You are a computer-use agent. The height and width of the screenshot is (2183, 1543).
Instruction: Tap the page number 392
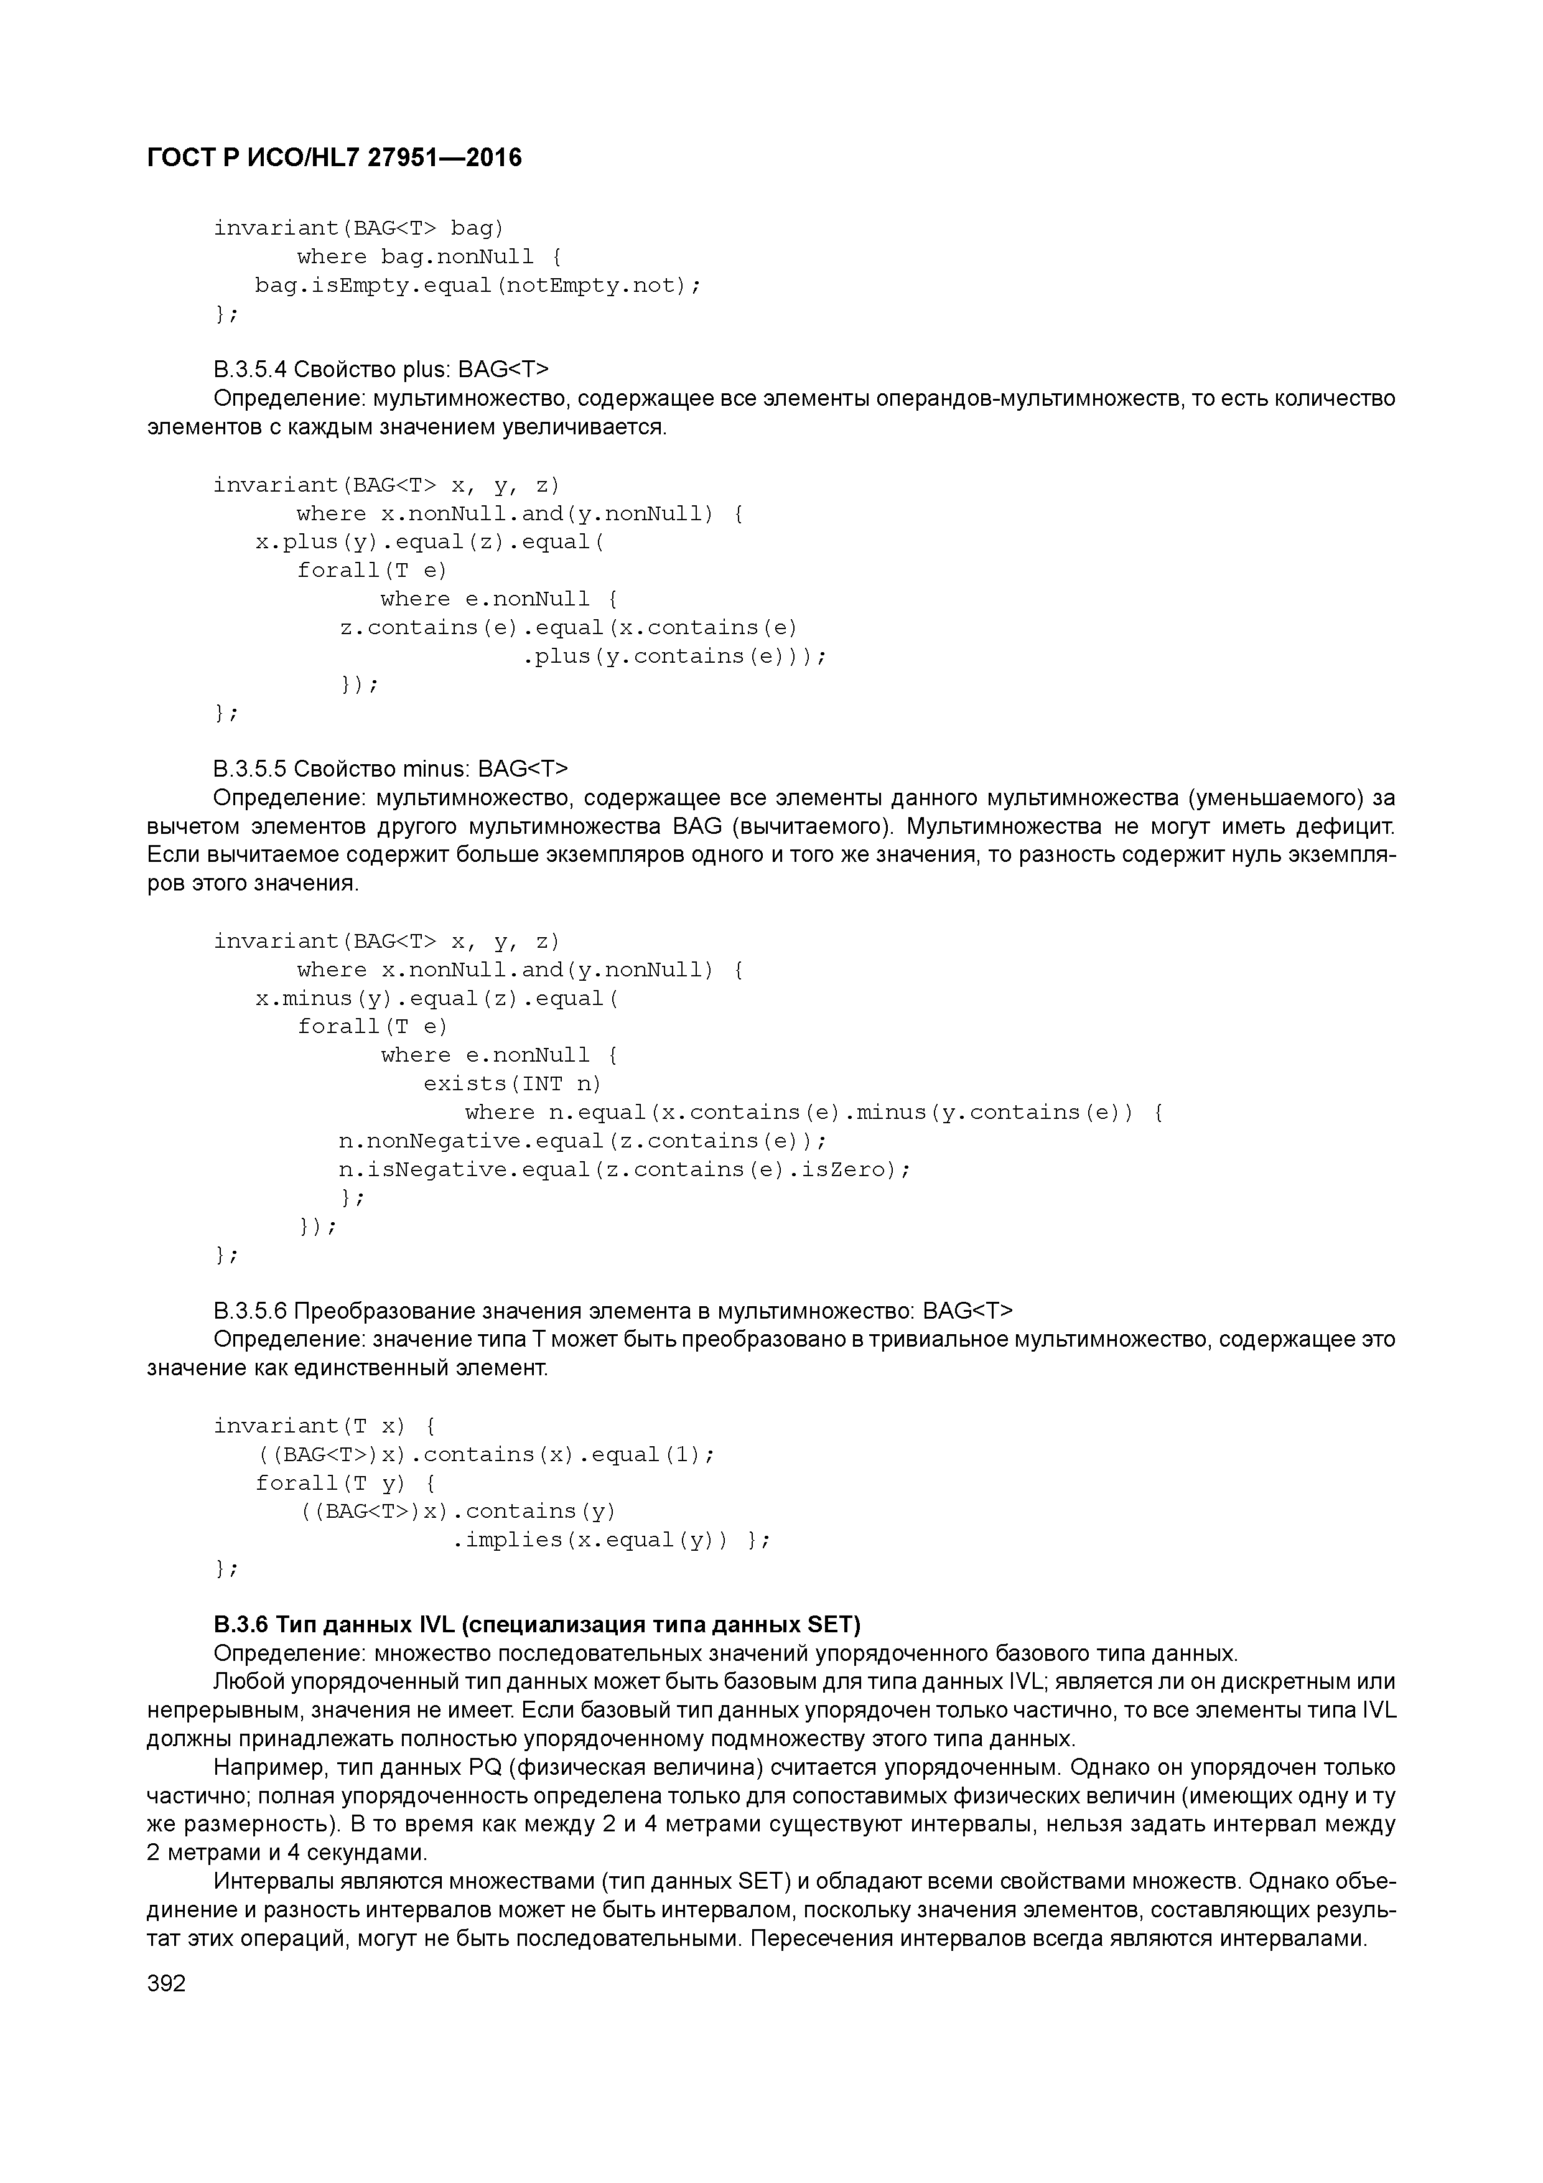[x=167, y=1984]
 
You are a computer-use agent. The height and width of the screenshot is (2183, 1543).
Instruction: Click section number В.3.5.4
[x=250, y=369]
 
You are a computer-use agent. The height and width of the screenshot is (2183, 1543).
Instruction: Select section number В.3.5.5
[x=250, y=769]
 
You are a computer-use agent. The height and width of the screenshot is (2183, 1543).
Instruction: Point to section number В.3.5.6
[x=250, y=1311]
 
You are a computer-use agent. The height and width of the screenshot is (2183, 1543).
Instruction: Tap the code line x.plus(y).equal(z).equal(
[x=430, y=542]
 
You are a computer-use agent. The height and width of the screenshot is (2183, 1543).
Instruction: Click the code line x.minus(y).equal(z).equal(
[x=436, y=998]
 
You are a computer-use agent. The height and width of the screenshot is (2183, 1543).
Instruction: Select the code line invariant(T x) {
[x=324, y=1426]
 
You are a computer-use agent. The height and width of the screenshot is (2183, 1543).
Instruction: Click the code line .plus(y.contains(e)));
[x=674, y=656]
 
